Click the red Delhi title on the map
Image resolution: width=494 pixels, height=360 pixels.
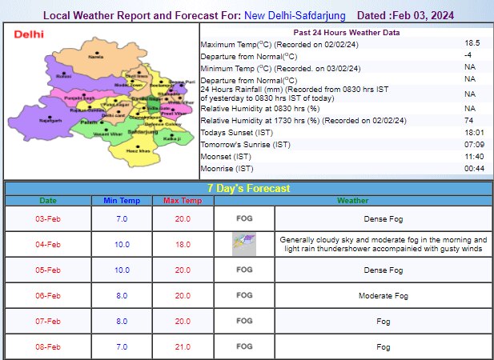tap(29, 34)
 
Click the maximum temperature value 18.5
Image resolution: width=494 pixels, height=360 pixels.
tap(469, 43)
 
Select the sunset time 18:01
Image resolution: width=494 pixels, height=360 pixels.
tap(469, 132)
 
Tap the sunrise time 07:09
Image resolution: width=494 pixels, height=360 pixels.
tap(469, 144)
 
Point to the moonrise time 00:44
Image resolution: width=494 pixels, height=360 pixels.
tap(469, 169)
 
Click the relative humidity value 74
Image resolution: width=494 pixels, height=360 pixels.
tap(469, 120)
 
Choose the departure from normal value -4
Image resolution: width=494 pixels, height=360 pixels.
tap(469, 55)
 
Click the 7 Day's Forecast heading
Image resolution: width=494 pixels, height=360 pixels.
tap(247, 188)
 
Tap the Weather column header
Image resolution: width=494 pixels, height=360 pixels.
tap(353, 200)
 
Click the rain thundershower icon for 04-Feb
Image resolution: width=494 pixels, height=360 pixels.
tap(244, 244)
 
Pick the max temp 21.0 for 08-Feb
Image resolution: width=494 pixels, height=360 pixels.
tap(183, 347)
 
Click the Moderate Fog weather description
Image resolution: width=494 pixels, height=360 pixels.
tap(383, 296)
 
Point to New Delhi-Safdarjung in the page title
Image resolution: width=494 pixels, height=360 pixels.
tap(284, 15)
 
